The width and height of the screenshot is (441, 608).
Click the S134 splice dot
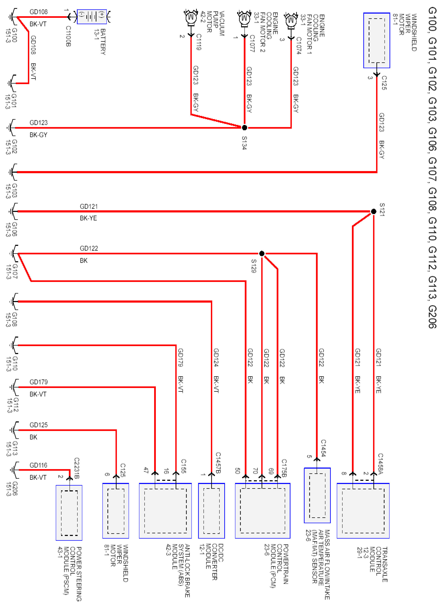coord(244,128)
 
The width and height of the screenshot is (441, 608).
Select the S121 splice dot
coord(373,212)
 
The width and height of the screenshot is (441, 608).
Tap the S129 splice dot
coord(262,253)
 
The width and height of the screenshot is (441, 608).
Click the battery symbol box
coord(92,17)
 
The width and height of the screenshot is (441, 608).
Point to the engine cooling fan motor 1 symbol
coord(291,20)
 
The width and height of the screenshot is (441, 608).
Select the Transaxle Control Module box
coord(363,511)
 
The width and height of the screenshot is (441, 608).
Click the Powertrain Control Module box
coord(262,511)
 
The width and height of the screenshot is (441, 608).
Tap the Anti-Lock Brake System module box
coord(165,511)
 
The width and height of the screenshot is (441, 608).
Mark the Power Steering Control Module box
coord(69,513)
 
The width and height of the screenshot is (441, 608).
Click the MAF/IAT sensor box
coord(317,495)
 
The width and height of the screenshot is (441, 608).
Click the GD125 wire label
coord(38,425)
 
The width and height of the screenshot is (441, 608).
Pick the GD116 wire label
coord(38,465)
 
